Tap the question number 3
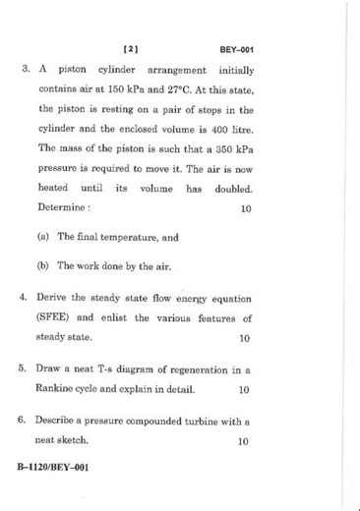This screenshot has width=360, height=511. point(22,71)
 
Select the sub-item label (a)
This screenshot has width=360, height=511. point(43,237)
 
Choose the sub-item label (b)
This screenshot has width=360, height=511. point(43,265)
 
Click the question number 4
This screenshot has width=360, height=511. point(22,298)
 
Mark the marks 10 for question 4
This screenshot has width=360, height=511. point(245,337)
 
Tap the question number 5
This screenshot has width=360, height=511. point(22,369)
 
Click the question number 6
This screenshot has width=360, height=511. point(22,422)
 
